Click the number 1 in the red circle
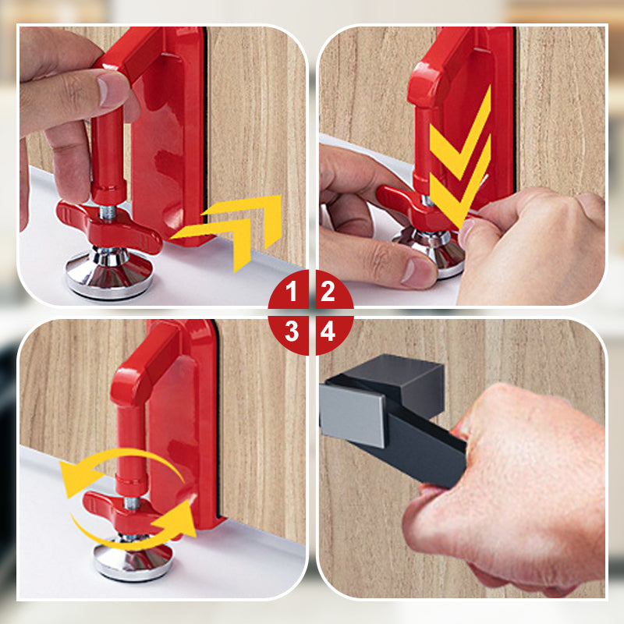[291, 291]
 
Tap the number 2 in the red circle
[328, 291]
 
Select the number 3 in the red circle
[292, 331]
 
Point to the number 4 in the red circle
[328, 331]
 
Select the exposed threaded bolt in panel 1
[108, 212]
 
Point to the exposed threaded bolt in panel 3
[132, 503]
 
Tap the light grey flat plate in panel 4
[352, 415]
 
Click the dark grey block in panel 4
[402, 381]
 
